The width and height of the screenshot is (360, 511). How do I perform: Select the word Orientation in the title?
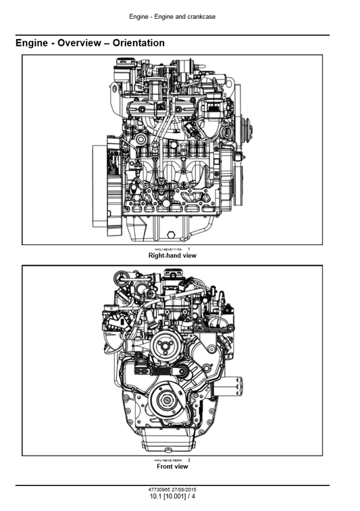138,43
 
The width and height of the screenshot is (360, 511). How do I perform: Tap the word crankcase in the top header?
201,16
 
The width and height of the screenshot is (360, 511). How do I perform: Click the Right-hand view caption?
172,256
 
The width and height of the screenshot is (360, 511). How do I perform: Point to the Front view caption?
172,466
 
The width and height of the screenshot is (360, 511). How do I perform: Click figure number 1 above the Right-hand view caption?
188,249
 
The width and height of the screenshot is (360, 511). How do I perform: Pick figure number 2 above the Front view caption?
188,460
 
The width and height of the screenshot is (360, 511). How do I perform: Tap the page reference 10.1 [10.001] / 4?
172,497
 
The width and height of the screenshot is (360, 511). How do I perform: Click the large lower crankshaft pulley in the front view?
165,402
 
